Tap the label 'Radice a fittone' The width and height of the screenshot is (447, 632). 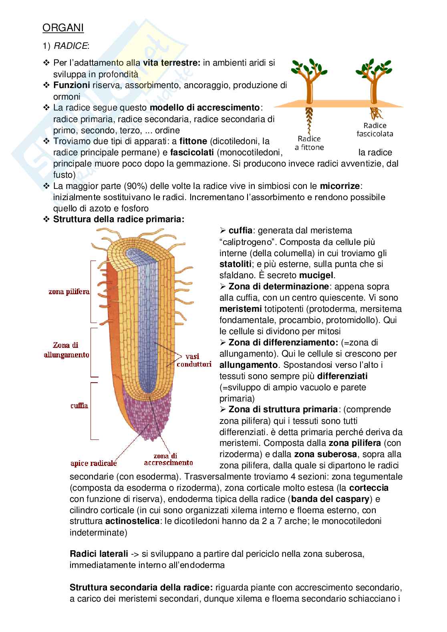310,143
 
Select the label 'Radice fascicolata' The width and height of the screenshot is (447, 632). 375,129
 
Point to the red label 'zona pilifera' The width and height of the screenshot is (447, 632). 69,292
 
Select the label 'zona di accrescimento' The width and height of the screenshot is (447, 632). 168,459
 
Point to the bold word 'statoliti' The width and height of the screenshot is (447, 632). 236,264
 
